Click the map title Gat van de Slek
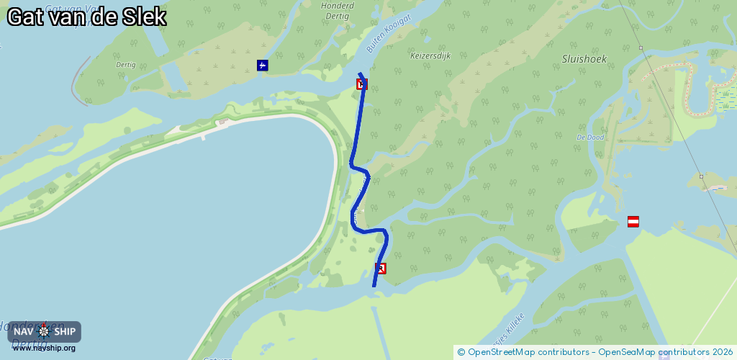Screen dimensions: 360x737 pyautogui.click(x=87, y=17)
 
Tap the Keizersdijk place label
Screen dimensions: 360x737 pyautogui.click(x=430, y=55)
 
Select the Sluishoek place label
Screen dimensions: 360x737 pyautogui.click(x=584, y=59)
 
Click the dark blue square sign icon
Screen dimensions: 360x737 pyautogui.click(x=263, y=66)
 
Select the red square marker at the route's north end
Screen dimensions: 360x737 pyautogui.click(x=362, y=84)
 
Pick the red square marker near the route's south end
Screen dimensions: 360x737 pyautogui.click(x=381, y=269)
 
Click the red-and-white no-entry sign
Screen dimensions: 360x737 pyautogui.click(x=633, y=222)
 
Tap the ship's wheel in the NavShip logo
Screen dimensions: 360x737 pyautogui.click(x=44, y=332)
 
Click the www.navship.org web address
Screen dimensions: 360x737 pyautogui.click(x=44, y=348)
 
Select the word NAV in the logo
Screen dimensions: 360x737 pyautogui.click(x=24, y=332)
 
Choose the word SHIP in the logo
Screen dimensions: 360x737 pyautogui.click(x=64, y=332)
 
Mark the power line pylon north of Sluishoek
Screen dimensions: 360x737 pyautogui.click(x=640, y=48)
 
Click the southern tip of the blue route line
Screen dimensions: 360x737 pyautogui.click(x=374, y=286)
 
